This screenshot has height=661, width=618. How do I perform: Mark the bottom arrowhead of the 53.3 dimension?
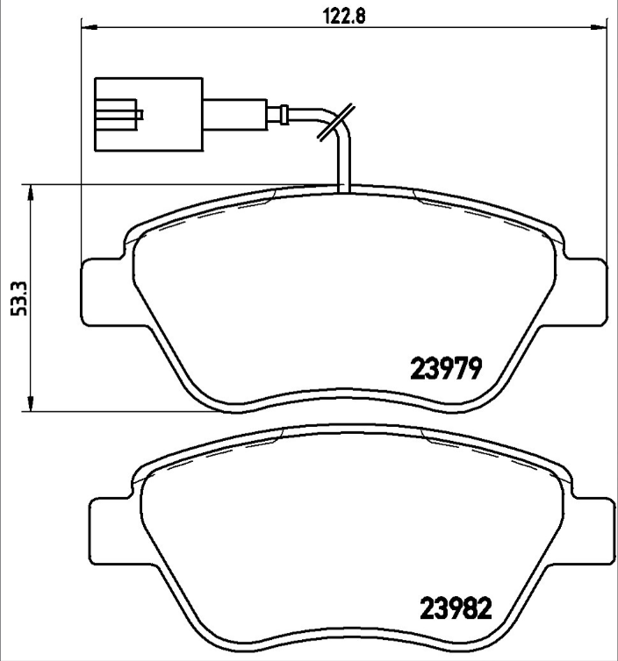click(x=32, y=404)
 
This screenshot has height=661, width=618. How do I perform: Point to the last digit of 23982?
click(x=479, y=606)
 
